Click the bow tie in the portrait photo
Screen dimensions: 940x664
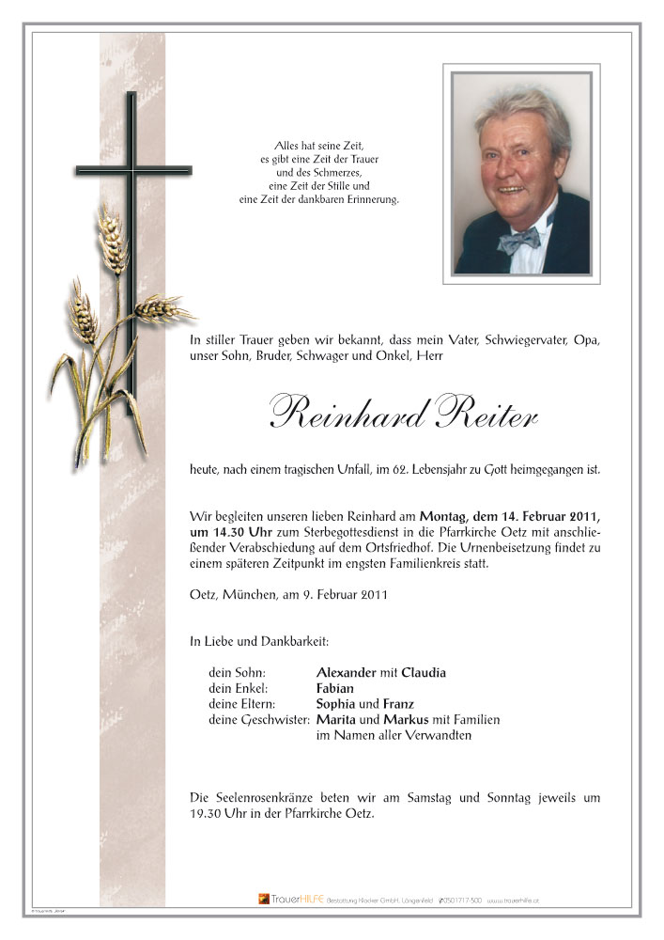519,242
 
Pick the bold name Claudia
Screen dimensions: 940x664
424,672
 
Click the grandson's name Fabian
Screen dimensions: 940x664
336,688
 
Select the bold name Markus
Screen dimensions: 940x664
402,719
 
